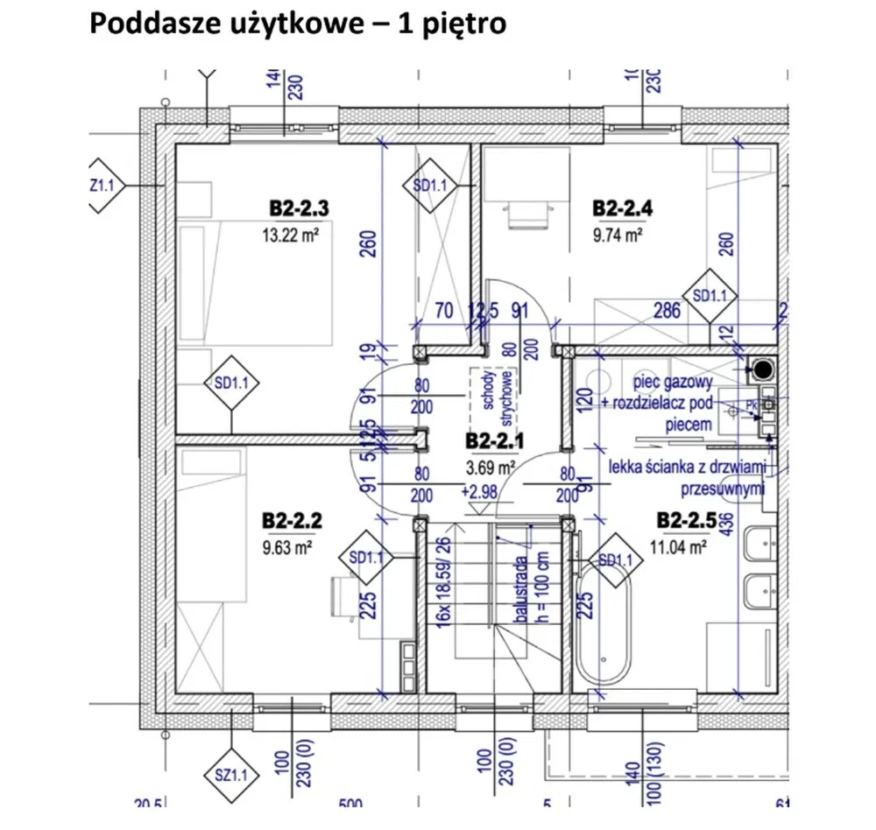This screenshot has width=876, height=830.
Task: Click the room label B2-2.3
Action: (299, 209)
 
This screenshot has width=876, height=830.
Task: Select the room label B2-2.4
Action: (623, 208)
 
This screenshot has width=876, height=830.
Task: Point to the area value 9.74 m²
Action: (619, 235)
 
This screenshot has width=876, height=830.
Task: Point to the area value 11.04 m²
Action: (678, 550)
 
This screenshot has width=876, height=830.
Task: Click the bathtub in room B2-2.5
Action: (602, 625)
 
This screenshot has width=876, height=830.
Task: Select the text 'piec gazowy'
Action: (675, 383)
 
